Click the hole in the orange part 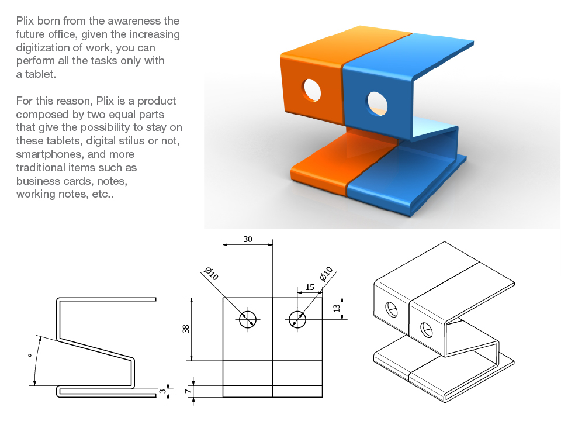point(311,89)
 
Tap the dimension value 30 point(248,240)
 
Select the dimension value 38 point(186,329)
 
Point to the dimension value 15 point(310,288)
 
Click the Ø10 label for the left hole point(212,274)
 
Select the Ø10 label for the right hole point(325,273)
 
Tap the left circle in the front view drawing point(248,319)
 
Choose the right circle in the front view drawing point(297,319)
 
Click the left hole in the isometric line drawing point(391,309)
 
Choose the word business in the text point(39,181)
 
